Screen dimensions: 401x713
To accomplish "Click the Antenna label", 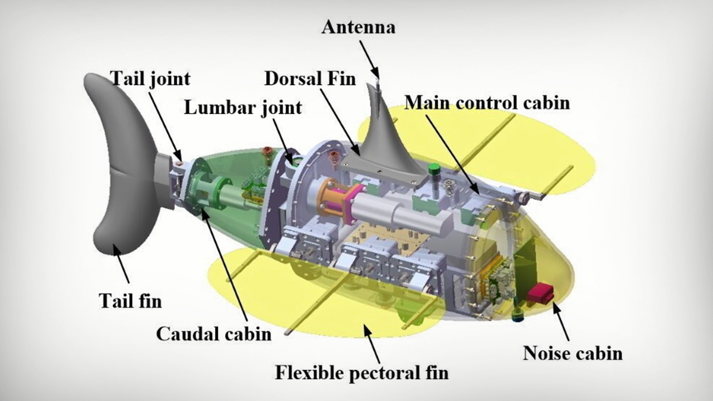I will (x=358, y=27).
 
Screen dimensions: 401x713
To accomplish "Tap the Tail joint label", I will (x=150, y=79).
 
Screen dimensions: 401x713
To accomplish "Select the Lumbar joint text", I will (x=243, y=107).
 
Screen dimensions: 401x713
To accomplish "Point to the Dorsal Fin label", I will (x=310, y=79).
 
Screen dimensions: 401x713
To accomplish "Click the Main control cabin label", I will (x=487, y=102).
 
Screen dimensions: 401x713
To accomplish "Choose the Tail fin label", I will (x=130, y=301).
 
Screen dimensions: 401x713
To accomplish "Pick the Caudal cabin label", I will (x=213, y=334).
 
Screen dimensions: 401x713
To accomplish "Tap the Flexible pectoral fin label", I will (x=362, y=372).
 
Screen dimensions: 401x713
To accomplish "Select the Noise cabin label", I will (x=572, y=353).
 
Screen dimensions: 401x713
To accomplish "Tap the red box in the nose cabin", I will (x=540, y=293).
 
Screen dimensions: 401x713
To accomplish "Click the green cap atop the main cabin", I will (x=434, y=168).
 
